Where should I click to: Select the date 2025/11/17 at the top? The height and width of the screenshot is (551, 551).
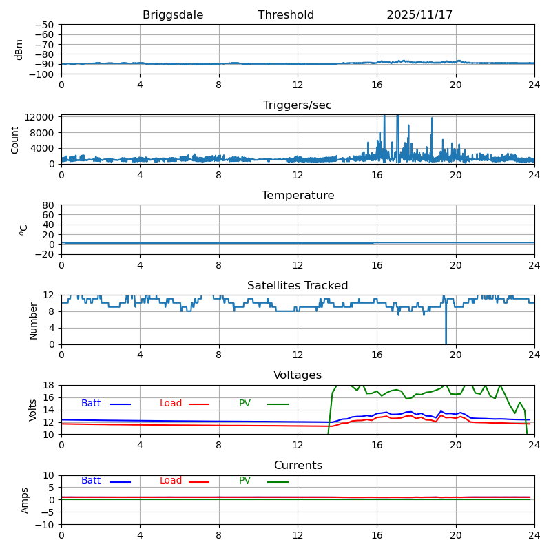click(x=419, y=15)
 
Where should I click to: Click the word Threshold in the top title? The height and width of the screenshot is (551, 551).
click(x=286, y=15)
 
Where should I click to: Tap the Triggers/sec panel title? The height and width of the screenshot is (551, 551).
click(x=298, y=105)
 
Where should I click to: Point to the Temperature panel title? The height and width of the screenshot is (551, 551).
click(x=298, y=196)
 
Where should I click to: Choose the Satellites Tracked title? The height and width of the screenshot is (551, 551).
click(x=298, y=286)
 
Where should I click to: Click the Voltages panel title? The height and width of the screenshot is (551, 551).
click(x=298, y=375)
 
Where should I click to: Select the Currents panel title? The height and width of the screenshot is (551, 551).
click(x=298, y=466)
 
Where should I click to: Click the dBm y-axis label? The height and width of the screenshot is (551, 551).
click(x=19, y=50)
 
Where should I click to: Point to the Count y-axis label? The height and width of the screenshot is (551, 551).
click(x=15, y=140)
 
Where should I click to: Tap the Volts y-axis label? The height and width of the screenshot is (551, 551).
click(x=33, y=410)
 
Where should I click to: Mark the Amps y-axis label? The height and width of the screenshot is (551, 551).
click(x=25, y=500)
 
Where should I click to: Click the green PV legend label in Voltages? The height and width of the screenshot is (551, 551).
click(x=245, y=404)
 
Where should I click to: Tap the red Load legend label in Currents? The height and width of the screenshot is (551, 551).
click(x=171, y=481)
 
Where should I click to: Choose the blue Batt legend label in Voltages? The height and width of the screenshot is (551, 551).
click(x=91, y=404)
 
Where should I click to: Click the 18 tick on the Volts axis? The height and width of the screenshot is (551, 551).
click(x=50, y=386)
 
